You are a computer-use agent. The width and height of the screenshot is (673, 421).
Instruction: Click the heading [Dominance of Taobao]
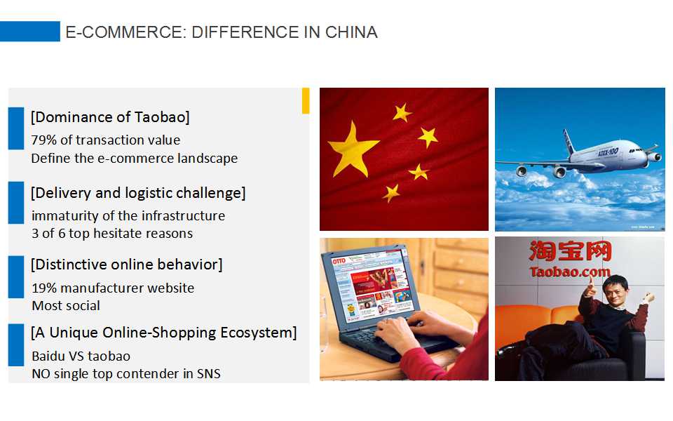(x=110, y=117)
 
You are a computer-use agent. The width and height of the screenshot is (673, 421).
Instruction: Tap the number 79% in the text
(x=43, y=140)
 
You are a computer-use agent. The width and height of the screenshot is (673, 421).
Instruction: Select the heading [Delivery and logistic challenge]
(x=138, y=192)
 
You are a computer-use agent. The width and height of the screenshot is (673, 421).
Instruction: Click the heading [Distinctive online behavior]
(x=127, y=265)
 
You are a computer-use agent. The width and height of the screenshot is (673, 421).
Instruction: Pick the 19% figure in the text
(x=43, y=288)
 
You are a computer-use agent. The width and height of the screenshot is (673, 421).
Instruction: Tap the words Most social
(x=66, y=306)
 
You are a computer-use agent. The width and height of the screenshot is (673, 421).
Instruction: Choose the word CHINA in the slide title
(x=351, y=32)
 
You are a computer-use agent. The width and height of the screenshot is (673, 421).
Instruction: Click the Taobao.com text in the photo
(x=569, y=272)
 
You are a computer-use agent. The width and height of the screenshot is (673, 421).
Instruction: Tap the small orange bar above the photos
(x=306, y=100)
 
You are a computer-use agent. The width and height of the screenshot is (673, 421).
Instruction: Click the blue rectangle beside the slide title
(x=29, y=32)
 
